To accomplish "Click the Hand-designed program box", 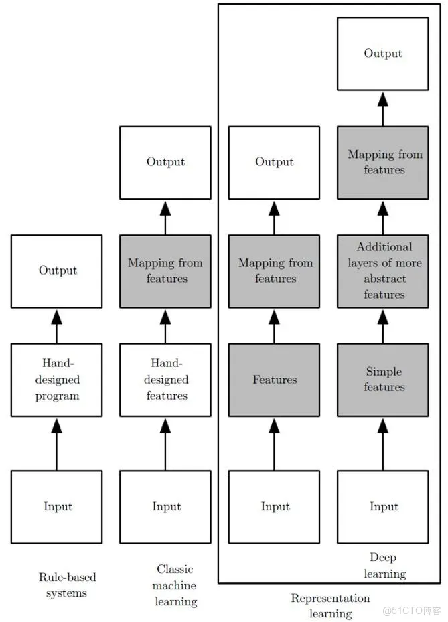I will click(56, 380).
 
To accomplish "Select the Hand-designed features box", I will click(165, 380).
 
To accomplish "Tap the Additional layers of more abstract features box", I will click(383, 270).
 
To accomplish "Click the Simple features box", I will click(383, 380).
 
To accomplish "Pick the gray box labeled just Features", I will click(274, 380).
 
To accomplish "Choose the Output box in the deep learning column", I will click(383, 54).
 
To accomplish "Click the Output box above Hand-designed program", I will click(56, 270).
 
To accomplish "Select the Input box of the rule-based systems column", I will click(56, 506).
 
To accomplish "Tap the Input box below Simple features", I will click(383, 506).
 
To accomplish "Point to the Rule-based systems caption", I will click(66, 585).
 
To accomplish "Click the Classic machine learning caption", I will click(175, 585).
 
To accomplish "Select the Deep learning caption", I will click(384, 566).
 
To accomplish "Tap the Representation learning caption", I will click(330, 605).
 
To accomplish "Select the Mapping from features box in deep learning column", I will click(383, 162).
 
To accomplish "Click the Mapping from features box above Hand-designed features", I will click(165, 270).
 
